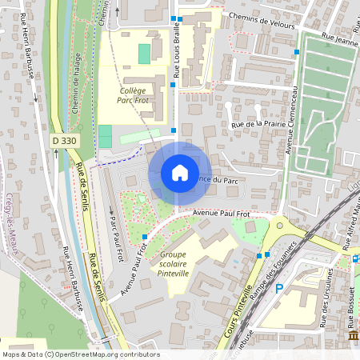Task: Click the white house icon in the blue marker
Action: [180, 173]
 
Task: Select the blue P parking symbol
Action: [279, 289]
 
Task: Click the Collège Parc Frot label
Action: [134, 96]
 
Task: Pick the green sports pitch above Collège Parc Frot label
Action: [144, 54]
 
